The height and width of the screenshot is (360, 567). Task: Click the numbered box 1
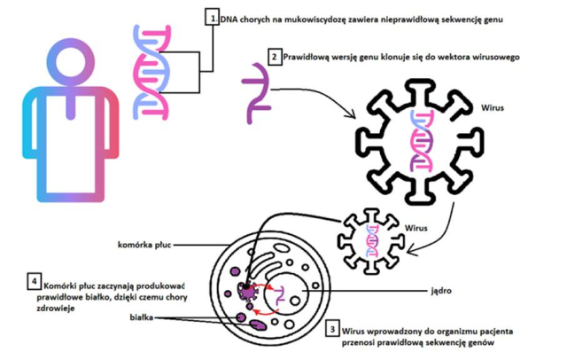pos(211,17)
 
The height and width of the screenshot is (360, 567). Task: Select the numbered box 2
pos(275,57)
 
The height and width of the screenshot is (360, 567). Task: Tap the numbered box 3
pos(331,327)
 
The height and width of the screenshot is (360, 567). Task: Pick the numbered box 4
pos(34,283)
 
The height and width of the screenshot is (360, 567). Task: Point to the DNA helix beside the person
pos(153,71)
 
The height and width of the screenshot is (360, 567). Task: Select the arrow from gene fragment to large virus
pos(320,98)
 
